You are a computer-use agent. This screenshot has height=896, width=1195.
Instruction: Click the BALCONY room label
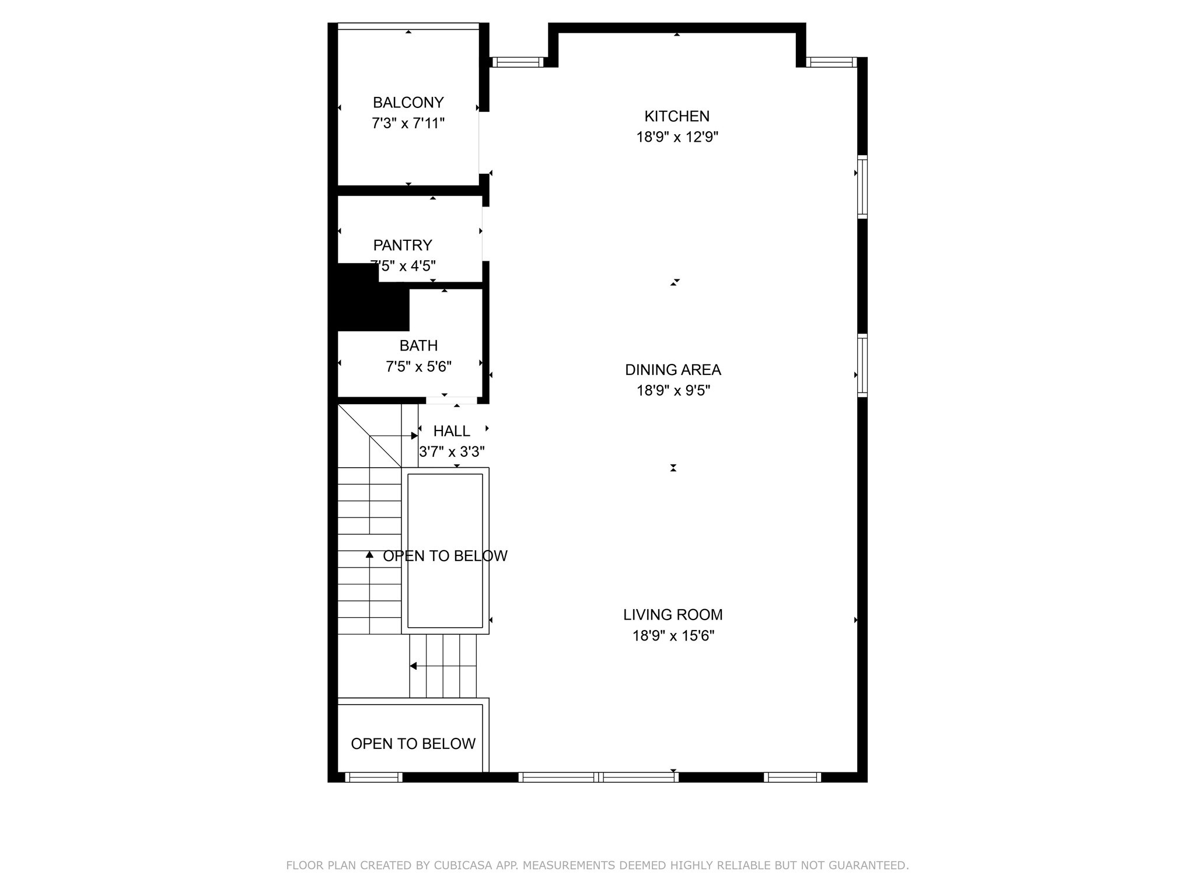tap(408, 103)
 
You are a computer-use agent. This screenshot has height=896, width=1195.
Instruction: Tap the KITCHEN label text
tap(677, 116)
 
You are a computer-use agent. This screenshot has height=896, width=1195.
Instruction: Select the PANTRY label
tap(403, 245)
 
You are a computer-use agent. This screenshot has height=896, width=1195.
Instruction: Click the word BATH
tap(418, 345)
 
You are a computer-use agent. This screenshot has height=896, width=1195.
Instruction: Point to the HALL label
tap(452, 431)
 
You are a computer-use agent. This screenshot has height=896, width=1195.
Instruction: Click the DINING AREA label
tap(673, 370)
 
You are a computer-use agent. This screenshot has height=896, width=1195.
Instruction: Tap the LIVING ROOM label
tap(673, 614)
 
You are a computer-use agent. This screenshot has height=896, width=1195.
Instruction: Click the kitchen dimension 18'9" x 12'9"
tap(677, 137)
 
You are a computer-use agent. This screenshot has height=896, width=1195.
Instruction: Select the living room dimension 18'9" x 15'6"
tap(673, 635)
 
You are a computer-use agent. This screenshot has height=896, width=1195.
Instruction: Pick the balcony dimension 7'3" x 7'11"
tap(408, 124)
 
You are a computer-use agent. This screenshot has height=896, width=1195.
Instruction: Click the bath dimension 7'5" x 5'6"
tap(418, 366)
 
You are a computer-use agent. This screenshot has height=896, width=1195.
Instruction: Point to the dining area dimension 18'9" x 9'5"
tap(673, 390)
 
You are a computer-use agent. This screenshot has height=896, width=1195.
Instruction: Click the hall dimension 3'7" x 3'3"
tap(452, 452)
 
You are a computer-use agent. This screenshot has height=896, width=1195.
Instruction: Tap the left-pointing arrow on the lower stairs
tap(413, 666)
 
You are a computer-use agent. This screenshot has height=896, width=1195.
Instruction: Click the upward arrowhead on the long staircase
tap(369, 554)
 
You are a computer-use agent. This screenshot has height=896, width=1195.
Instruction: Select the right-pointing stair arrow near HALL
tap(414, 436)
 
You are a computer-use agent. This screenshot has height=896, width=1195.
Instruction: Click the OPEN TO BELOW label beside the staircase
tap(445, 556)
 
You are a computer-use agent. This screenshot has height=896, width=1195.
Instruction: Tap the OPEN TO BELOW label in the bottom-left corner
tap(413, 744)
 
